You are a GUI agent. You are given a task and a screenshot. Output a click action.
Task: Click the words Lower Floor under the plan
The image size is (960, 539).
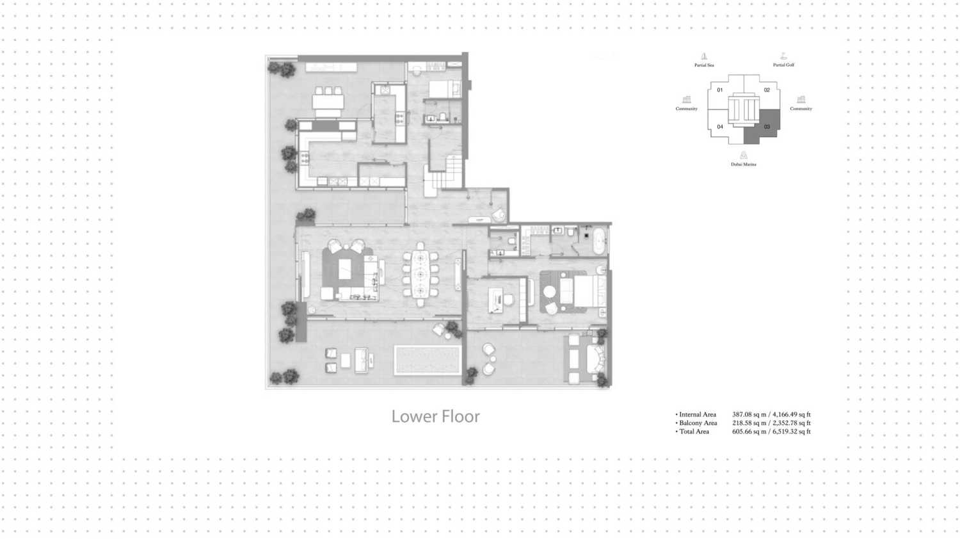(x=435, y=416)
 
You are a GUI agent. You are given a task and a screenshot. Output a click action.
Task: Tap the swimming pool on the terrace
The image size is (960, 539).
(x=428, y=360)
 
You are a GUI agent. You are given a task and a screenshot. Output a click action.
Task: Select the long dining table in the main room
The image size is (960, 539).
(x=420, y=274)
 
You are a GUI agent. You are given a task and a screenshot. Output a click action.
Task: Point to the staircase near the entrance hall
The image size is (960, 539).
(x=447, y=173)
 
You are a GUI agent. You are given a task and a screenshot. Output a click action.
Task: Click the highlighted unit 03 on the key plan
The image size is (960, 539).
(x=767, y=126)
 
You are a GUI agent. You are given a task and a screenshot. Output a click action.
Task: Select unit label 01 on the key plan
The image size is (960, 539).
(x=720, y=90)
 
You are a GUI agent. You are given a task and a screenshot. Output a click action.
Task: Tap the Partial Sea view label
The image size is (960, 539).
(x=704, y=65)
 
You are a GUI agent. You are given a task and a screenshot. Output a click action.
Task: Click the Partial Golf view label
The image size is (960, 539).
(x=783, y=65)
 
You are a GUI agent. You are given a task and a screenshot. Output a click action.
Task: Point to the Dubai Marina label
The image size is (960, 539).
(x=744, y=164)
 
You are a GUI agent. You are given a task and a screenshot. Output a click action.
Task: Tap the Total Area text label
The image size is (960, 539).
(x=694, y=431)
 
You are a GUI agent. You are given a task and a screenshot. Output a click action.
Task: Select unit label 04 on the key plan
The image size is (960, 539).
(x=720, y=127)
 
